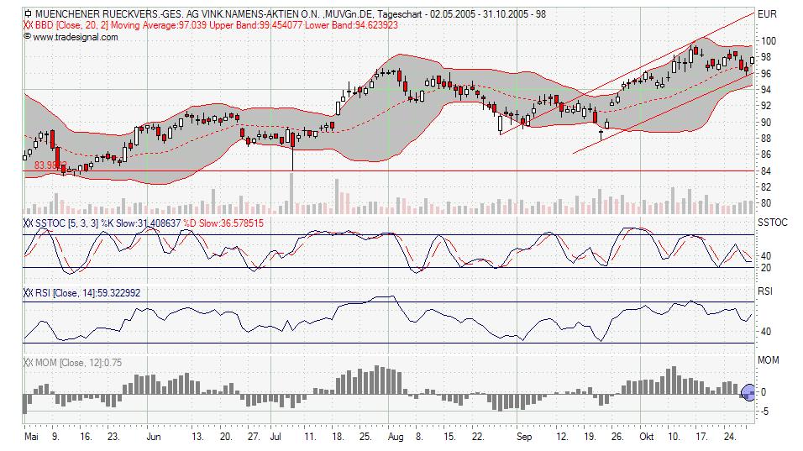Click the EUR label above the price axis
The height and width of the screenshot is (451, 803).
click(x=767, y=14)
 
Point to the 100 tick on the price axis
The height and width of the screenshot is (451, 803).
click(x=768, y=41)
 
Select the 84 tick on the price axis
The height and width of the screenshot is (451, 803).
click(x=765, y=170)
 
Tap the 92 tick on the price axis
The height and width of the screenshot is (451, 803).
click(x=765, y=106)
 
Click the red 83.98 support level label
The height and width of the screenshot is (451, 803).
click(x=50, y=166)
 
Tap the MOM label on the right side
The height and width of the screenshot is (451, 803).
click(x=768, y=360)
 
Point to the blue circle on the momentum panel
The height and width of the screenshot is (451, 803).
click(x=750, y=391)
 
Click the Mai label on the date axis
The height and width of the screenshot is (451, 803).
click(x=31, y=438)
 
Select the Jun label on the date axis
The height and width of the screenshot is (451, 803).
click(x=153, y=438)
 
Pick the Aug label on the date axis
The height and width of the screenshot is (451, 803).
click(x=396, y=438)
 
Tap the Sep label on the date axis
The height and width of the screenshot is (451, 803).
click(x=524, y=438)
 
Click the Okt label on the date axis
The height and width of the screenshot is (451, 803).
click(x=646, y=438)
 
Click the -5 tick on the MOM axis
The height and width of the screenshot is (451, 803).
click(x=764, y=411)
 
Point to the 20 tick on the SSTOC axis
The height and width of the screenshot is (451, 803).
click(x=765, y=268)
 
